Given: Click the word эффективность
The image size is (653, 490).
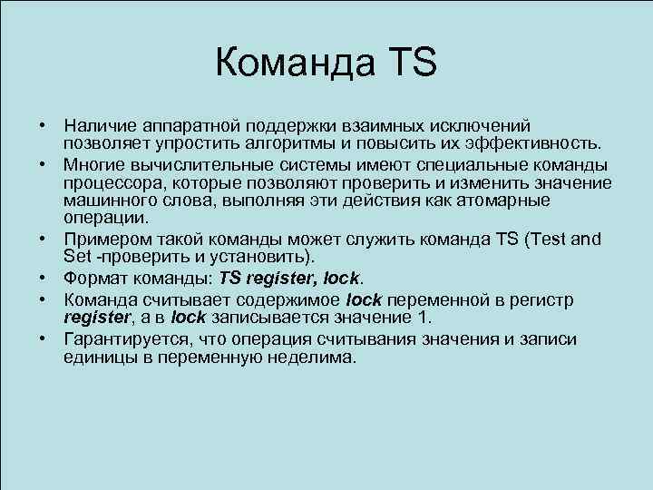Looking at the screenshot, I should click(534, 142).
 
